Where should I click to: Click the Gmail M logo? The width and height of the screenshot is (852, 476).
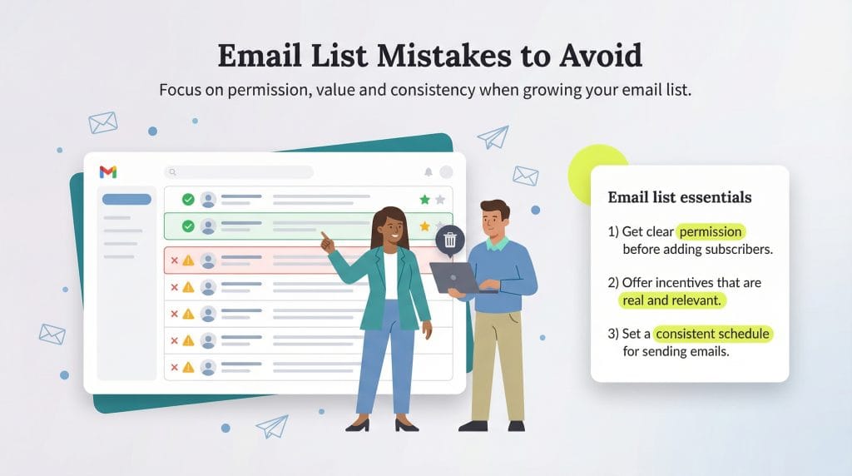pyautogui.click(x=108, y=171)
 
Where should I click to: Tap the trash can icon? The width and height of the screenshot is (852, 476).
pyautogui.click(x=450, y=240)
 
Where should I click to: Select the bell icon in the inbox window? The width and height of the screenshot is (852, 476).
pyautogui.click(x=428, y=172)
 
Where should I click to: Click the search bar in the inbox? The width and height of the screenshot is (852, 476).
pyautogui.click(x=239, y=172)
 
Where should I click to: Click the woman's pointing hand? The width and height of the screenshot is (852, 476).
pyautogui.click(x=327, y=242)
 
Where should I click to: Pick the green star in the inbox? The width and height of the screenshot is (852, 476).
pyautogui.click(x=425, y=200)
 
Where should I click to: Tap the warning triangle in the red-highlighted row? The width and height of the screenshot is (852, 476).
pyautogui.click(x=188, y=260)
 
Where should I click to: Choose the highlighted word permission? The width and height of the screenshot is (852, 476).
pyautogui.click(x=711, y=232)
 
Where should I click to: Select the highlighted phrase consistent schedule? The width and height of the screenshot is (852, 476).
pyautogui.click(x=712, y=334)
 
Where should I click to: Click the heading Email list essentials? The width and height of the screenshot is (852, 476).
pyautogui.click(x=680, y=198)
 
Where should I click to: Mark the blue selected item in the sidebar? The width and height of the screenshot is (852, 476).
pyautogui.click(x=126, y=200)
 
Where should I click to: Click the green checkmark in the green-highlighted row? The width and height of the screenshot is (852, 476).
pyautogui.click(x=188, y=226)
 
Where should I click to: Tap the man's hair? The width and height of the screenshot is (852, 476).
pyautogui.click(x=494, y=210)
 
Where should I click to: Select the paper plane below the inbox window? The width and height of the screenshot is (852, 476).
pyautogui.click(x=271, y=426)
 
